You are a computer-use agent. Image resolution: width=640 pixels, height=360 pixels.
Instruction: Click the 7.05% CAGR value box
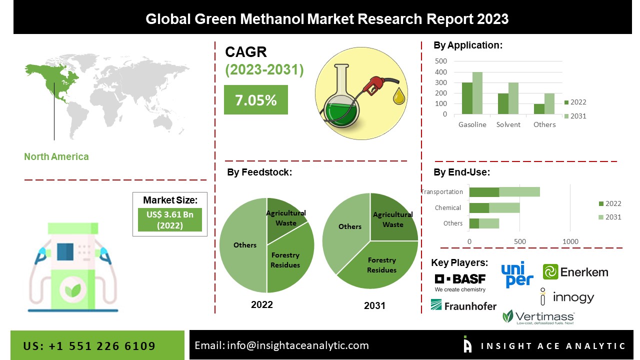coord(255,100)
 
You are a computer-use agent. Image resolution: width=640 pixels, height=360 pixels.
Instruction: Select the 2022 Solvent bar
coord(503,104)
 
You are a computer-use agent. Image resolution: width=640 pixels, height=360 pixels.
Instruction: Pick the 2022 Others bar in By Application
coord(539,109)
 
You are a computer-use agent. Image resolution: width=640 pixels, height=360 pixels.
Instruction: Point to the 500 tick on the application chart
coord(441,61)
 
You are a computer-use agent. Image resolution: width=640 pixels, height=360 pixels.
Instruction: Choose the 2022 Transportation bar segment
coord(484,192)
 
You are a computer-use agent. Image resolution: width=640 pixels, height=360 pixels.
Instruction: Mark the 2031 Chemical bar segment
coord(504,208)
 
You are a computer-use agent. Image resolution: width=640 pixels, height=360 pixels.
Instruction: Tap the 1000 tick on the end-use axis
coord(570,242)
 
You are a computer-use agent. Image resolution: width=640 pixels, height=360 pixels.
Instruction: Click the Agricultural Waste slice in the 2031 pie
coord(393,217)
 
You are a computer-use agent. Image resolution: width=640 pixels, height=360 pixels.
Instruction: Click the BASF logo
coord(453,282)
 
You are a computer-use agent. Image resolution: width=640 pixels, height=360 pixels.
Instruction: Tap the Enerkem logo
coord(575,272)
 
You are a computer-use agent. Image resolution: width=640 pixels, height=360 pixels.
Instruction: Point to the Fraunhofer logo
coord(463,305)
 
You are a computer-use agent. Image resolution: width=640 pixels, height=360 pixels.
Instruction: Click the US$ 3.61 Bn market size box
coord(170,220)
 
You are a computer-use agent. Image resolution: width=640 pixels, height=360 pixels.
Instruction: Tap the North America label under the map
coord(56,157)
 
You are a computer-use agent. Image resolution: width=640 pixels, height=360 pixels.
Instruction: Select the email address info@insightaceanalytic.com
coord(297,345)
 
